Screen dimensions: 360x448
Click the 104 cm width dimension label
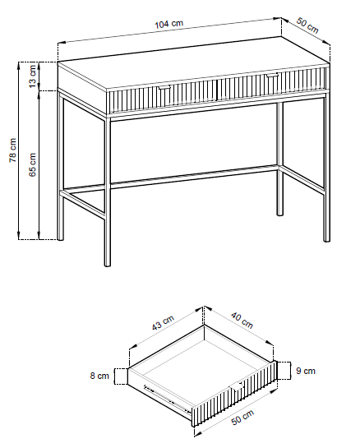click(168, 24)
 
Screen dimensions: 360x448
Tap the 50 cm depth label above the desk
click(307, 25)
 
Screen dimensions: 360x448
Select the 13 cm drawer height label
click(33, 76)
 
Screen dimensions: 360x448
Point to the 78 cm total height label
click(13, 150)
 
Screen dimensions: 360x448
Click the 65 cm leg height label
click(33, 164)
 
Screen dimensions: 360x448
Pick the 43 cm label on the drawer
click(163, 322)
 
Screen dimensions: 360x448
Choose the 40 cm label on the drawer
click(242, 321)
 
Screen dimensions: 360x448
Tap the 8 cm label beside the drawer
click(99, 376)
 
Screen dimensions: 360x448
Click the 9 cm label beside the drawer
click(306, 371)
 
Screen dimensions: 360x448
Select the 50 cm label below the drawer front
click(242, 418)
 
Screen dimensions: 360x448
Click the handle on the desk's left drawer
click(164, 87)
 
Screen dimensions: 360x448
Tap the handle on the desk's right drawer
click(272, 75)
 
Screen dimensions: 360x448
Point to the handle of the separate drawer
click(237, 386)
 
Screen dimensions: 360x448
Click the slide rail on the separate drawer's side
click(167, 399)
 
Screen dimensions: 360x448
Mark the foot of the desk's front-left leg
click(108, 264)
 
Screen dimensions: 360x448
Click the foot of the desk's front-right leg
click(326, 239)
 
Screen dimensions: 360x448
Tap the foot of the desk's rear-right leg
click(280, 213)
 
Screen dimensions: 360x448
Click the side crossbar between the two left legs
click(82, 202)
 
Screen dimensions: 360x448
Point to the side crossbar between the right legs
click(303, 179)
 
